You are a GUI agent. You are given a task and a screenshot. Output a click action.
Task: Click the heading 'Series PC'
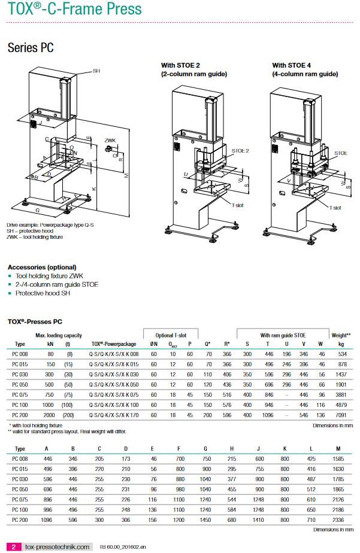(31, 48)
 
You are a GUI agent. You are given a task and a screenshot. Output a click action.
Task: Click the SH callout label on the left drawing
(96, 71)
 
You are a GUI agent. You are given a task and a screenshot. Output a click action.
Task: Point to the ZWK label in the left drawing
(110, 140)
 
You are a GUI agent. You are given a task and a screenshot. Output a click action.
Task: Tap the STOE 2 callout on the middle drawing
(239, 151)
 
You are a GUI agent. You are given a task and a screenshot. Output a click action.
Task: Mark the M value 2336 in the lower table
(338, 521)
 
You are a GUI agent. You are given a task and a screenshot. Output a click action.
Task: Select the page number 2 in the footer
(13, 546)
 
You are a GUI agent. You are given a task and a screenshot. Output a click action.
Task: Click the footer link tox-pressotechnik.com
(58, 546)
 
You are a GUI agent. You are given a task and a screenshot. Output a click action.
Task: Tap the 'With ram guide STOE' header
(282, 335)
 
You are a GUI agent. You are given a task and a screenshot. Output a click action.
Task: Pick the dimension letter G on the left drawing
(37, 210)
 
